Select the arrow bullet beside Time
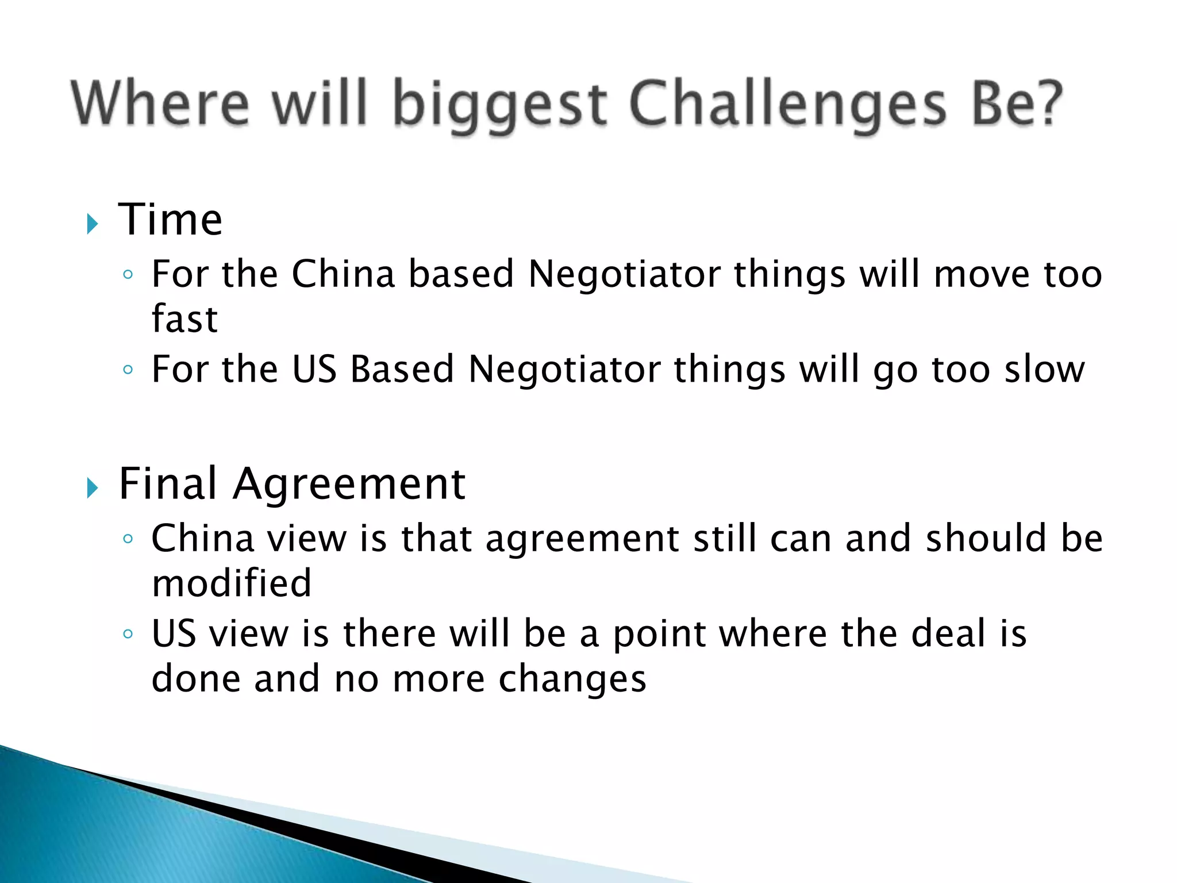[93, 224]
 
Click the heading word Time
[170, 220]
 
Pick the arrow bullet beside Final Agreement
[93, 488]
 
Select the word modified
[232, 583]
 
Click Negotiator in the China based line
[624, 274]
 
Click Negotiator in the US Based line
[564, 370]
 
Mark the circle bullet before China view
[128, 539]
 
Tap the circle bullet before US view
[128, 635]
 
